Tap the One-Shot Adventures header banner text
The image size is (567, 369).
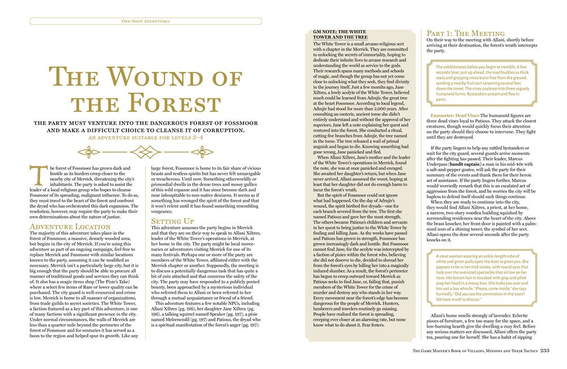pyautogui.click(x=146, y=21)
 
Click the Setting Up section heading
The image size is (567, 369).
pyautogui.click(x=174, y=221)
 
